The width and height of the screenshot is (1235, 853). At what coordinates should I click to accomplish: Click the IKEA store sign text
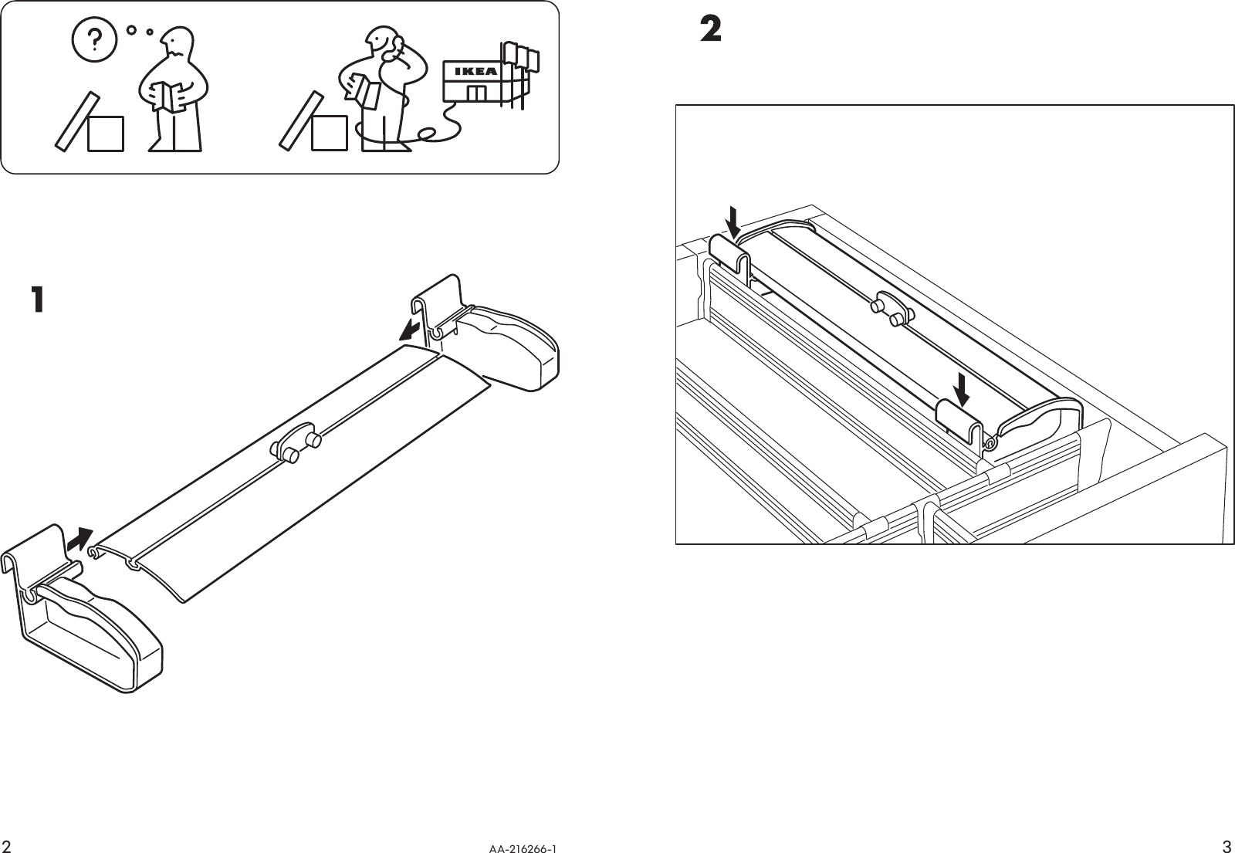click(x=475, y=71)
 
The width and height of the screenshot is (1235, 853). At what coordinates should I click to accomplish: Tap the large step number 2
click(x=710, y=30)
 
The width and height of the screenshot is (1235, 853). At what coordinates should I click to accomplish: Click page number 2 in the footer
click(x=8, y=843)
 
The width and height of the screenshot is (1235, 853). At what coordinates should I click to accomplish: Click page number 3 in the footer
click(x=1227, y=843)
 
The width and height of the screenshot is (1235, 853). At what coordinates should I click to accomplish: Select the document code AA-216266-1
click(x=523, y=848)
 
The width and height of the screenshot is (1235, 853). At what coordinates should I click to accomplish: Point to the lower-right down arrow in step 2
click(x=961, y=390)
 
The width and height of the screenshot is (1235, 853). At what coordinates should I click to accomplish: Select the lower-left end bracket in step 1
click(x=85, y=618)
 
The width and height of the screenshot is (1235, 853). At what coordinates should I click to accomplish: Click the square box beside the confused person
click(x=105, y=134)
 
